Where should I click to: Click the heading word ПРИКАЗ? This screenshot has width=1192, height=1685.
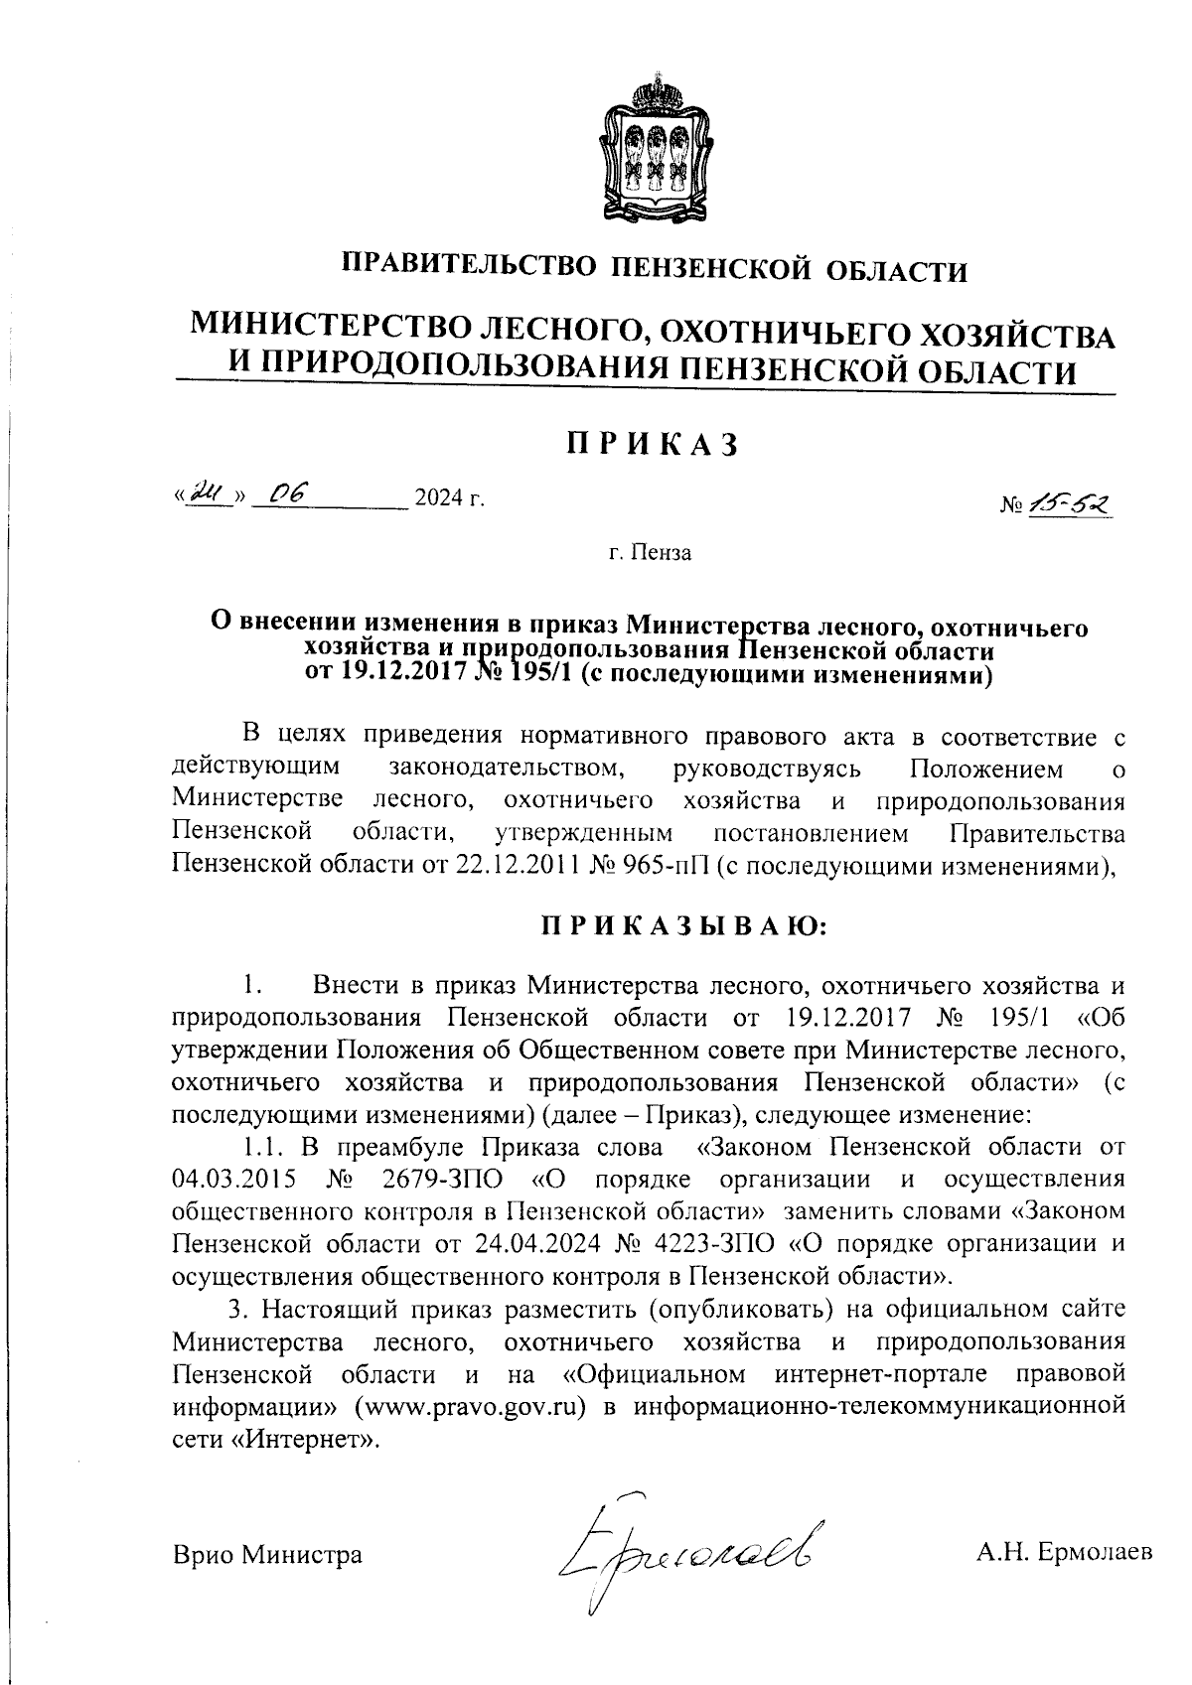coord(654,445)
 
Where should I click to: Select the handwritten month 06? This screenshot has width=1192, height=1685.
coord(289,493)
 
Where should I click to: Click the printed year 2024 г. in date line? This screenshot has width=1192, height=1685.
coord(449,498)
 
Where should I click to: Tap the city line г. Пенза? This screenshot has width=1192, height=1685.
coord(651,552)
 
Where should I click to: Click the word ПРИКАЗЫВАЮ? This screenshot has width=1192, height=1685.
coord(683,926)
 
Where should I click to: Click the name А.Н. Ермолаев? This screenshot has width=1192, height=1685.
coord(1065,1553)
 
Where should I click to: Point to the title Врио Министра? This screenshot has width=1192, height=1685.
coord(267,1554)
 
